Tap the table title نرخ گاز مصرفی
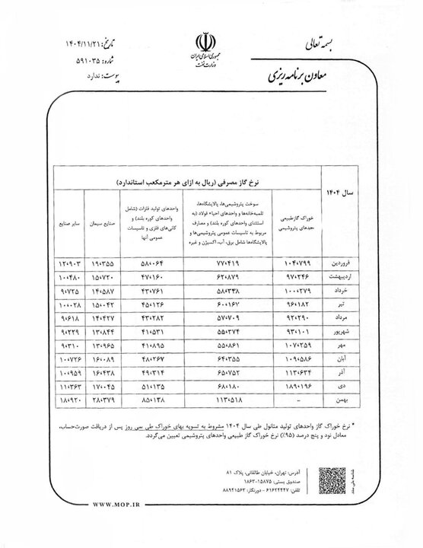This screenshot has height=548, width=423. pyautogui.click(x=190, y=183)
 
